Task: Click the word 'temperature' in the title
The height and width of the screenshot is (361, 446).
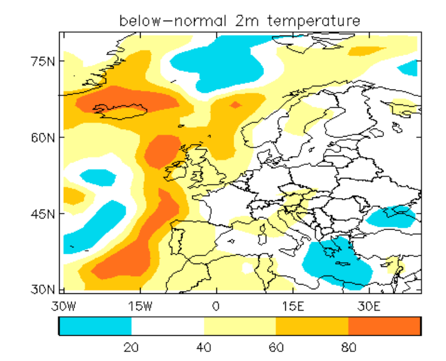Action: (x=314, y=21)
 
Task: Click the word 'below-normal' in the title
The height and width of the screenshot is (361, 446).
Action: (x=173, y=21)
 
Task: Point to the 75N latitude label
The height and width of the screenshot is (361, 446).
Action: (x=42, y=61)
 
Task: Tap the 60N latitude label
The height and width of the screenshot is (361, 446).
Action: (x=42, y=138)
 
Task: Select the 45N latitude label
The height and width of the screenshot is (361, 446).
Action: (x=42, y=214)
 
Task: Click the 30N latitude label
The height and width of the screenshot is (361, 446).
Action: (x=42, y=289)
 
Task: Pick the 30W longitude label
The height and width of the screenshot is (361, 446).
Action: (x=64, y=306)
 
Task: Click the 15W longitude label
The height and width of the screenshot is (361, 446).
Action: (x=140, y=306)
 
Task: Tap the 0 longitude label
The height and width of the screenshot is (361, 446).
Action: (x=216, y=306)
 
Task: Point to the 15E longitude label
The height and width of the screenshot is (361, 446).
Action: (x=293, y=306)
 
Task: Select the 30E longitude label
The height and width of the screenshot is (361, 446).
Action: (x=369, y=306)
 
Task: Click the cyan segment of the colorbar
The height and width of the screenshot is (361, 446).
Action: (x=95, y=326)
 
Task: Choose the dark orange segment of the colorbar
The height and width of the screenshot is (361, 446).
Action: (x=385, y=326)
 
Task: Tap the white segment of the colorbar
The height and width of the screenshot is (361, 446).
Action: (x=168, y=326)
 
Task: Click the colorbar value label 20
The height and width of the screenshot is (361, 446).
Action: (x=131, y=347)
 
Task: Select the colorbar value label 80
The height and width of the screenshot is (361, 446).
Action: (x=348, y=347)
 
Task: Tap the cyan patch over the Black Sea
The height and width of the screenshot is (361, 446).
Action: (x=391, y=217)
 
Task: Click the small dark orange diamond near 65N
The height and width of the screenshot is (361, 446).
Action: (x=235, y=105)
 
